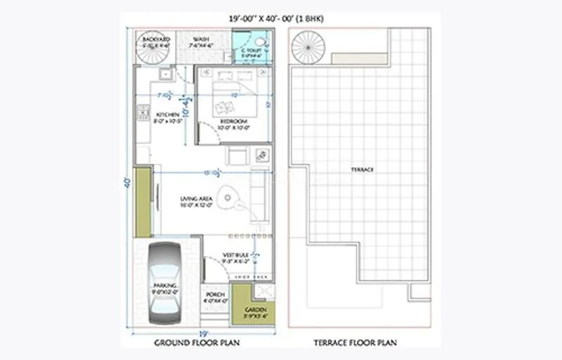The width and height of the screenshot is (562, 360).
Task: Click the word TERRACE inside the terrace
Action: pos(362,170)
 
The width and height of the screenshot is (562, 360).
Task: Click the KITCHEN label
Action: pos(168,115)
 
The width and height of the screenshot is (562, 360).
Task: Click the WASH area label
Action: pos(201,39)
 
